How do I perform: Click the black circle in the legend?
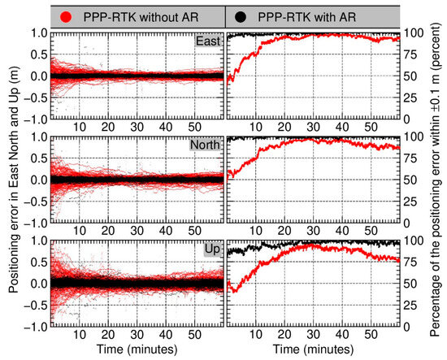coord(244,15)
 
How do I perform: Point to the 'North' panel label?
coord(203,146)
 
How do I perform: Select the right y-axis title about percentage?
coord(436,179)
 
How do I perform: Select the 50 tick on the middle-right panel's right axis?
coord(413,180)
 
